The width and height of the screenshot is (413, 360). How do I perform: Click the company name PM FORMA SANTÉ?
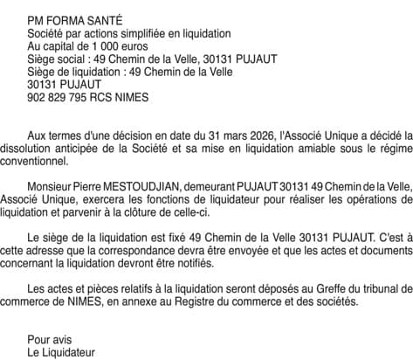coord(75,19)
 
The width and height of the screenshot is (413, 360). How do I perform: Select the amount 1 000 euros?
coord(114,45)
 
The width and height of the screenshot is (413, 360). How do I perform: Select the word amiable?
coord(320,150)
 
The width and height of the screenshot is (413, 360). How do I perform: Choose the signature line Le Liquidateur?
coord(61,354)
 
